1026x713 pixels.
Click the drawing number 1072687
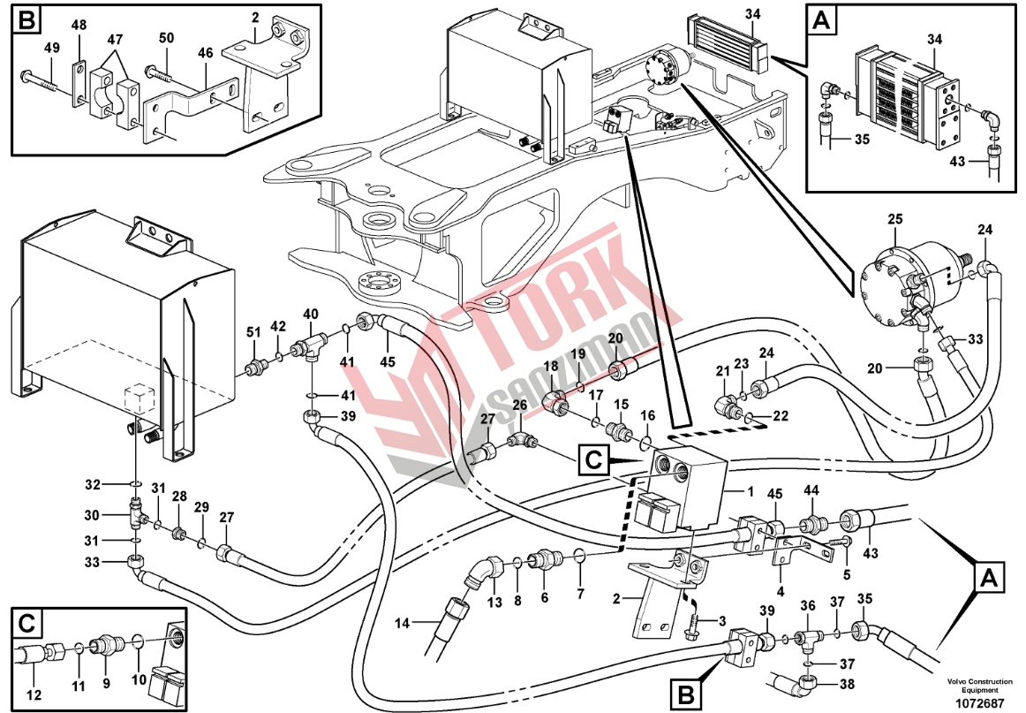[980, 703]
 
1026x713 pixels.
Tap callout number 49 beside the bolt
[52, 48]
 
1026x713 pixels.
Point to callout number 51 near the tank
[253, 331]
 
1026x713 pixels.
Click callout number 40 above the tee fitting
[311, 314]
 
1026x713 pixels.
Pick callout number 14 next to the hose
[403, 624]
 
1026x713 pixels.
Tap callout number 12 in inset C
[34, 695]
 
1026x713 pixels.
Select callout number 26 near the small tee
[521, 406]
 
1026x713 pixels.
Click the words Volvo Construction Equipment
[979, 686]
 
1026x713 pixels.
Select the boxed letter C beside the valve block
[595, 459]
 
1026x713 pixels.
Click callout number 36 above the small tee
[807, 605]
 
